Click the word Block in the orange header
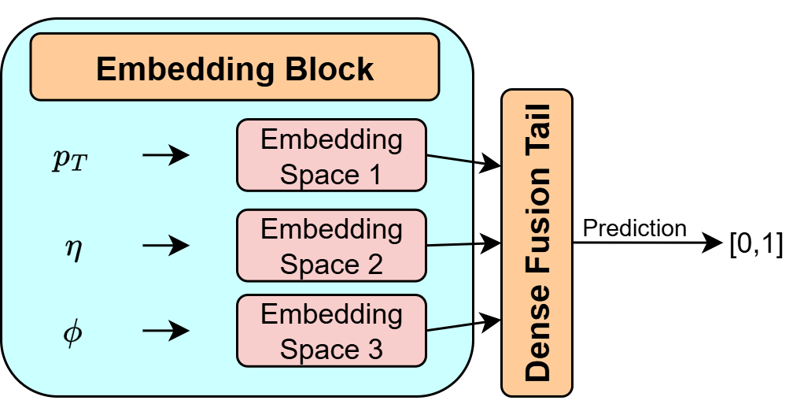(327, 69)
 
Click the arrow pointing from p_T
(166, 155)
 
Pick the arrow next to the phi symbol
(166, 331)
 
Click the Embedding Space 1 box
(331, 155)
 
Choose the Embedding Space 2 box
(331, 245)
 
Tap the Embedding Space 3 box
(331, 331)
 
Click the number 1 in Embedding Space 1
(374, 175)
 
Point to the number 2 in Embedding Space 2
(374, 265)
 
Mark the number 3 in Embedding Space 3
(374, 350)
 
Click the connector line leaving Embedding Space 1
(449, 157)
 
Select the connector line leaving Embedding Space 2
(449, 244)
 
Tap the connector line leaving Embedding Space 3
(449, 327)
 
